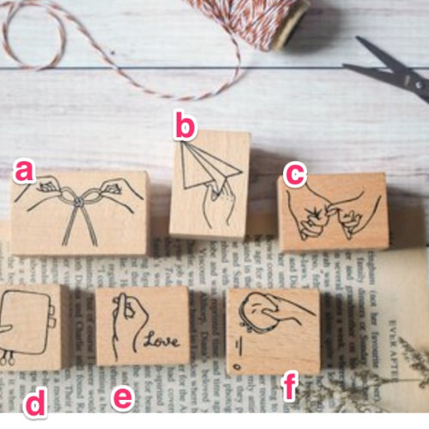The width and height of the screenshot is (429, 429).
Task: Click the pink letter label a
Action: tap(24, 172)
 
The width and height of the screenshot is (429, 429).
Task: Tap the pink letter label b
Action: tap(184, 125)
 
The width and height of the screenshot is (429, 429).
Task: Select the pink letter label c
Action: tap(294, 174)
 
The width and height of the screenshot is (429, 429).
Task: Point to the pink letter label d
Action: tap(34, 403)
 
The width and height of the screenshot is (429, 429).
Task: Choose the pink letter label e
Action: tap(124, 398)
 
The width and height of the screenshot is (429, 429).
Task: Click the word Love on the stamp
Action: tap(161, 341)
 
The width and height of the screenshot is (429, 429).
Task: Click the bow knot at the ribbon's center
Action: tap(77, 198)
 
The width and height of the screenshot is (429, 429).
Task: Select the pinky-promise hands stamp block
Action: tap(333, 212)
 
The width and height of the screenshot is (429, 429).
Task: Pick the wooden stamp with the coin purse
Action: tap(273, 331)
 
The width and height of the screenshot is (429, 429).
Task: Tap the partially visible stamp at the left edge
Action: tap(30, 326)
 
